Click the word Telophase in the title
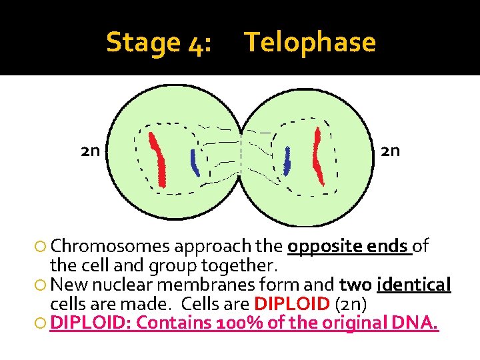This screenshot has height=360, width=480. pos(310,43)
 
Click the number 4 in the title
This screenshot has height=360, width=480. pos(196,43)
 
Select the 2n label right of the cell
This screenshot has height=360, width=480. pos(390,151)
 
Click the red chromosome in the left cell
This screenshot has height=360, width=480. pos(158,160)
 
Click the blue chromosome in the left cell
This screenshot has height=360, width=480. pos(194,162)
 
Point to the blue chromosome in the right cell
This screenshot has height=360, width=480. pos(287,161)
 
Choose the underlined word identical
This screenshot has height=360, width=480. pos(414,285)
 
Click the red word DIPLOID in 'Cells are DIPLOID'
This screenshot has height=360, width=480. pos(292,305)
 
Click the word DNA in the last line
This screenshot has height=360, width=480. pos(418,324)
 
